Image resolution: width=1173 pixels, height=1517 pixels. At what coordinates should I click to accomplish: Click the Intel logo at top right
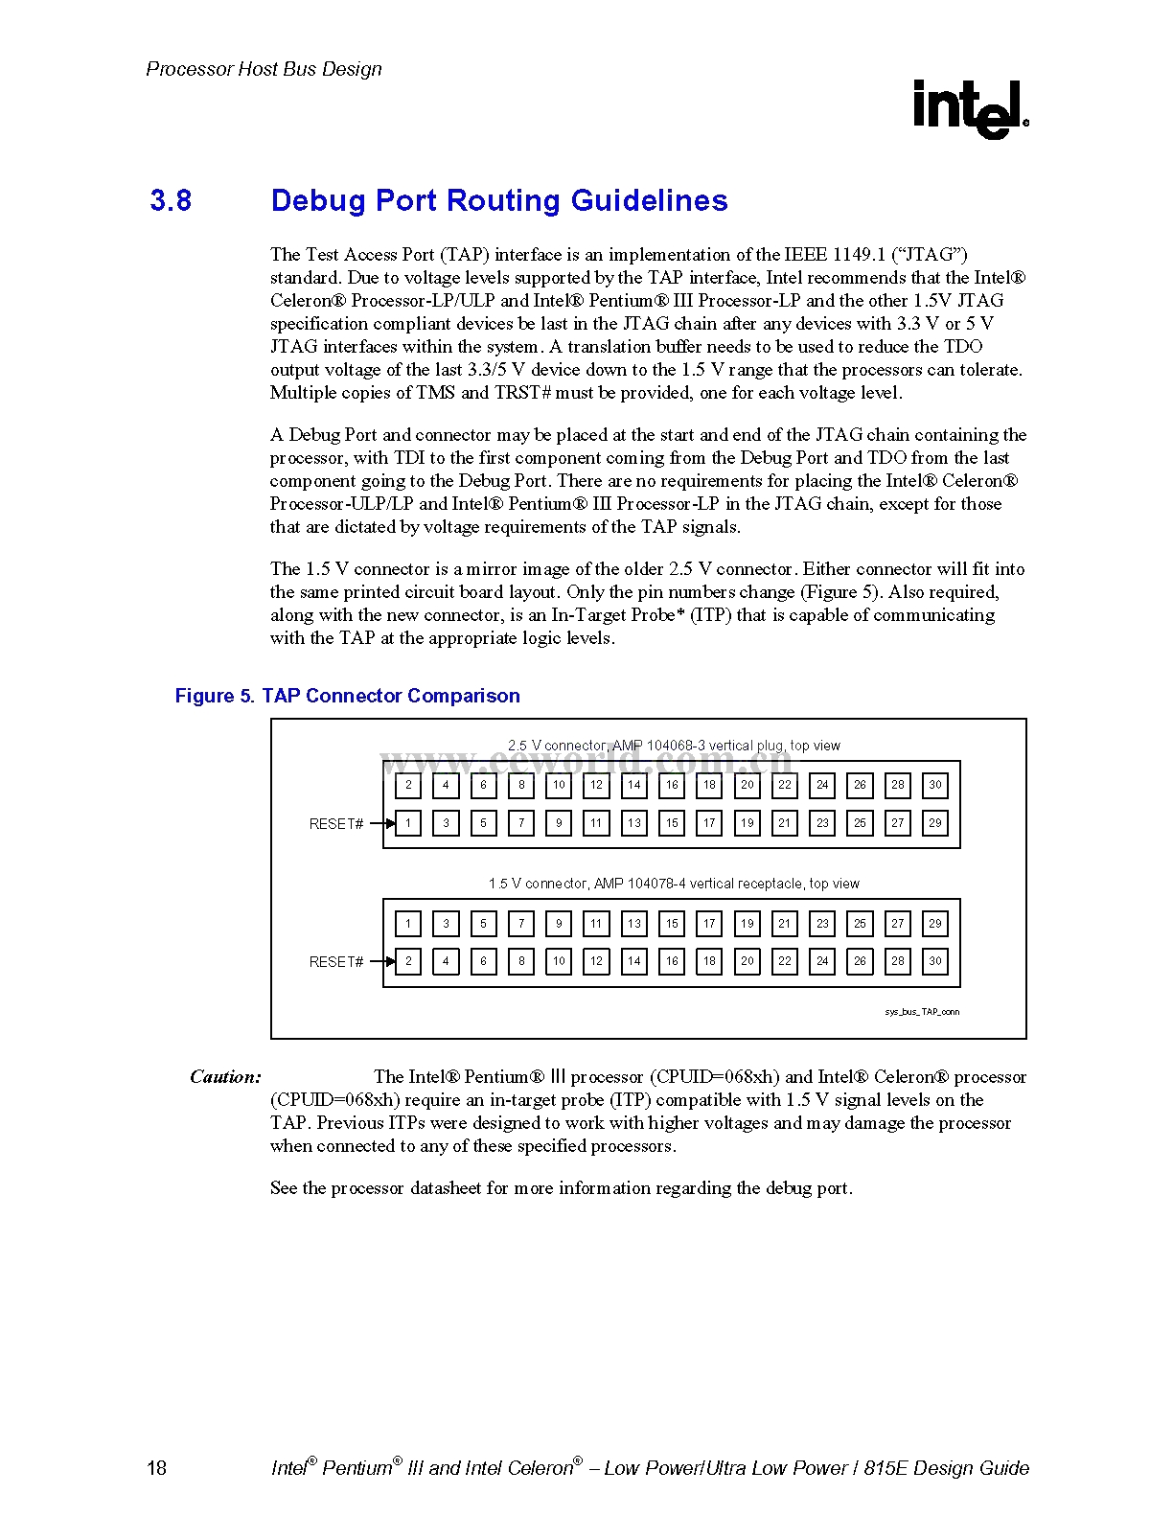(970, 108)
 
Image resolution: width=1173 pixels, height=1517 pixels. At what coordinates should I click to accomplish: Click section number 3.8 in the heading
(171, 200)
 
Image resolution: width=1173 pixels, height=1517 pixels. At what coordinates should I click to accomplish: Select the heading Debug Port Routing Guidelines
(498, 200)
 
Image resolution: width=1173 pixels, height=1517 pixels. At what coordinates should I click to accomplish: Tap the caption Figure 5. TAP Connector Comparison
(347, 696)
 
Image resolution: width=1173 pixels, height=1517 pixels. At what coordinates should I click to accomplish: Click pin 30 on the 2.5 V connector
(935, 785)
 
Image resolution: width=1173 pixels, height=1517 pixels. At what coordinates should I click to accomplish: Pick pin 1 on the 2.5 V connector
(408, 823)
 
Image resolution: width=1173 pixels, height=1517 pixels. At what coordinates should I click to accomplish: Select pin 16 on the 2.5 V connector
(672, 785)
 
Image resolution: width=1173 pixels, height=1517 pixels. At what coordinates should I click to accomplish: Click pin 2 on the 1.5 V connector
(408, 961)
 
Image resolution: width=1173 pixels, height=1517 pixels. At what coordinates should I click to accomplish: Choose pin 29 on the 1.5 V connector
(935, 924)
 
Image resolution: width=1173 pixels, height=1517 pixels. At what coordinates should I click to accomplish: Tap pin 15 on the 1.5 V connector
(672, 924)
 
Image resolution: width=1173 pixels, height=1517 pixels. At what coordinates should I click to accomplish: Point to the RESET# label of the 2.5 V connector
(336, 824)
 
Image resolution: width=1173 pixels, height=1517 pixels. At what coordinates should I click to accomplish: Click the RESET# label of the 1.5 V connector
(336, 962)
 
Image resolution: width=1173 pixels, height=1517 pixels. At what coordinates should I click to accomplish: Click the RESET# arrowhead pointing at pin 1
(390, 823)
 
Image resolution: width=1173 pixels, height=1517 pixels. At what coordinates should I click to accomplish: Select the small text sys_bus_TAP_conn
(922, 1012)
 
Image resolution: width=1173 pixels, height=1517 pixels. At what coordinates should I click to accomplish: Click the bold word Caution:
(225, 1077)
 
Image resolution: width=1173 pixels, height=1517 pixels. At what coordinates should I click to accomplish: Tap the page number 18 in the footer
(156, 1468)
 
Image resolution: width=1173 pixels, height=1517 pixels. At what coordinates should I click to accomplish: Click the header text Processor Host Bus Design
(264, 69)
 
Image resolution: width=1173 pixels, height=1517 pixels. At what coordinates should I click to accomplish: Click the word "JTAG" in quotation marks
(930, 255)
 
